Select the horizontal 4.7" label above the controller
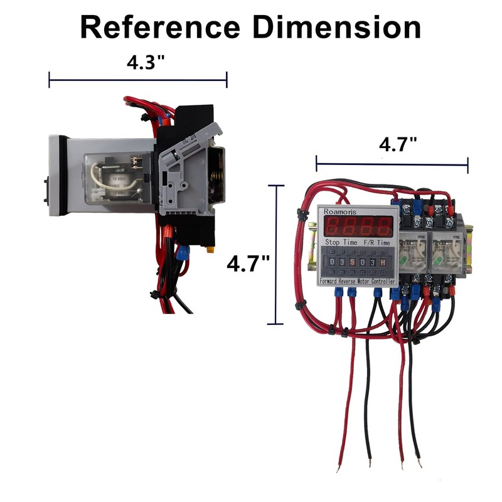pyautogui.click(x=398, y=145)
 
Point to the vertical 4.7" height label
pyautogui.click(x=248, y=262)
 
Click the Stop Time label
pyautogui.click(x=340, y=242)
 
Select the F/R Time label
pyautogui.click(x=376, y=242)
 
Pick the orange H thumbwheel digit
pyautogui.click(x=383, y=261)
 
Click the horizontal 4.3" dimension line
pyautogui.click(x=137, y=80)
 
